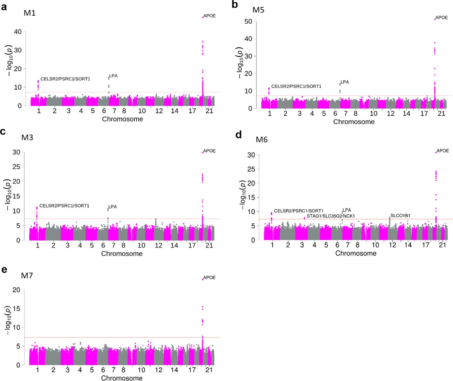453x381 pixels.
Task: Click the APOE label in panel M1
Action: coord(209,16)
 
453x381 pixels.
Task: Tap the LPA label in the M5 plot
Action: coord(344,82)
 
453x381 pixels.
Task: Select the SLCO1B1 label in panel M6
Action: coord(400,216)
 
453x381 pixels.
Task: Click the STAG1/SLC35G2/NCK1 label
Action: coord(331,216)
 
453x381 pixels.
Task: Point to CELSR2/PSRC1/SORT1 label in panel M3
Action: coord(64,206)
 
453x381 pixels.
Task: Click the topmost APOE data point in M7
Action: coord(203,279)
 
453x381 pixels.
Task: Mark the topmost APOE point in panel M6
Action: coord(436,152)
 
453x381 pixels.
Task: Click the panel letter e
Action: coord(4,270)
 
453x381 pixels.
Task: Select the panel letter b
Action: coord(235,5)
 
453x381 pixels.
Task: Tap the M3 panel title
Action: coord(27,137)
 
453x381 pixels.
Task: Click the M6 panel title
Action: coord(261,140)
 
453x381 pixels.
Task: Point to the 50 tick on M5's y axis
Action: coord(248,22)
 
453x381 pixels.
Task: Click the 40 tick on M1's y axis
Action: coord(18,32)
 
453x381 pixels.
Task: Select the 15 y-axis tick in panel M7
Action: coord(17,308)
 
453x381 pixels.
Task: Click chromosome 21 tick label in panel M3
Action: coord(209,245)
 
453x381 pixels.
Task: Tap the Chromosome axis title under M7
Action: coord(122,378)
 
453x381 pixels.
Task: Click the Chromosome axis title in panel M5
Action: coord(354,122)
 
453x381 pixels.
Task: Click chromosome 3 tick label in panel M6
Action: coord(302,245)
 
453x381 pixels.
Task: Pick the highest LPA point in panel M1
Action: coord(109,79)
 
